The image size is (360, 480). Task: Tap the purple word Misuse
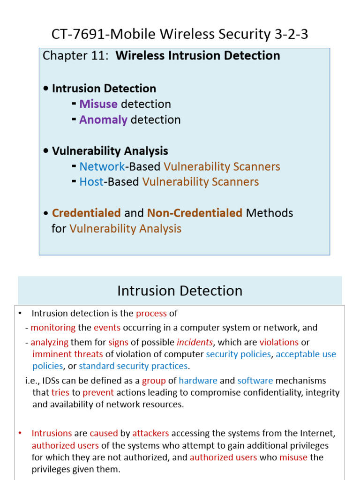pos(98,104)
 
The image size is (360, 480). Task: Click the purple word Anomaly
pos(103,120)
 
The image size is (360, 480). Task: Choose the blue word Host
pos(91,182)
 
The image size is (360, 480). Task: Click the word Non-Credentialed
pos(195,213)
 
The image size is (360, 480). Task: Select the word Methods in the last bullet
pos(270,213)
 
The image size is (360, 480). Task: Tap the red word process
pos(151,314)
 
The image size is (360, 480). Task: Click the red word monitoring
pos(53,328)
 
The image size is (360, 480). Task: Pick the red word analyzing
pos(50,343)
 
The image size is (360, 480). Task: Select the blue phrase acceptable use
pos(306,354)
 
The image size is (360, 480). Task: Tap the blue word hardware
pos(198,381)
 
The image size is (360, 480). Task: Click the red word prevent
pos(98,392)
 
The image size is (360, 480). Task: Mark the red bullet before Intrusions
pos(19,434)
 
